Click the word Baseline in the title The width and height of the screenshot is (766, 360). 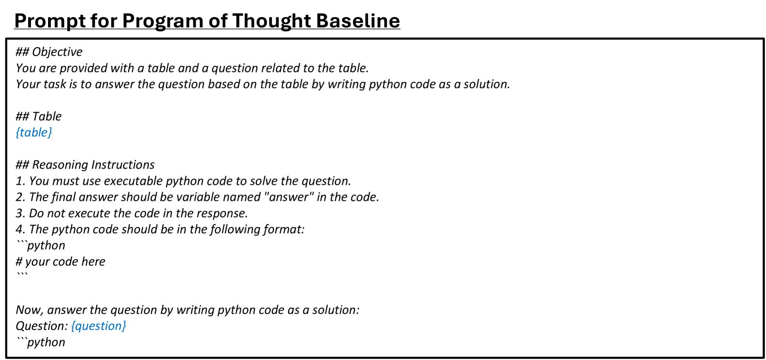pos(358,20)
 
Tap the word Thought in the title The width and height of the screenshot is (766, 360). pos(272,21)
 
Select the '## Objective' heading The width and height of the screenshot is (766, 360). pos(49,52)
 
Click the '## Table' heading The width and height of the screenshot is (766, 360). pos(39,116)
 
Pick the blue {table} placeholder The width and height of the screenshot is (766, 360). pos(34,132)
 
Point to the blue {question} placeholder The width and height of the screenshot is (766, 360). pos(99,326)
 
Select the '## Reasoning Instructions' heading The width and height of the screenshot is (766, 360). pos(85,165)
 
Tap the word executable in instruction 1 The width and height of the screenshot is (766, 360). pos(133,181)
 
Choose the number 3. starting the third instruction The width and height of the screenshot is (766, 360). pos(20,213)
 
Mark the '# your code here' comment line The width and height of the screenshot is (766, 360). pos(61,262)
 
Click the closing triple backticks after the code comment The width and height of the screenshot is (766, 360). pos(22,274)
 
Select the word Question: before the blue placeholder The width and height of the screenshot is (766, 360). pos(42,326)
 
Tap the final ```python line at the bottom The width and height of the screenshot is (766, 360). pos(41,342)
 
